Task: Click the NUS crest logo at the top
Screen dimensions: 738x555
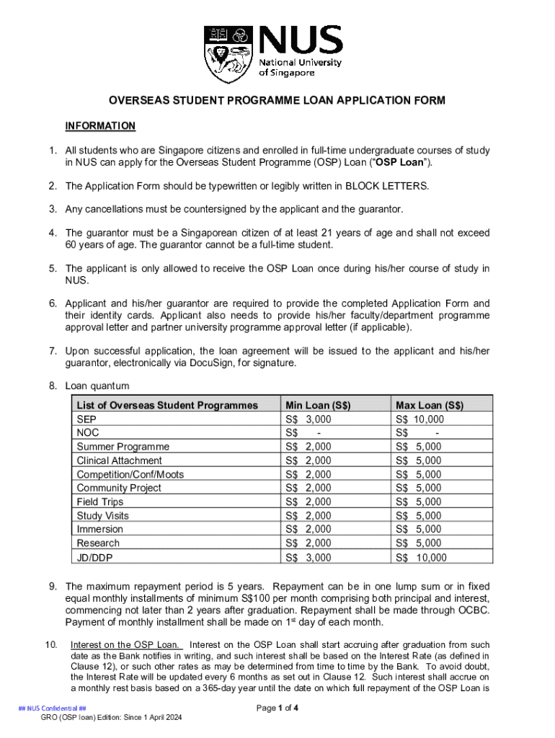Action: coord(228,54)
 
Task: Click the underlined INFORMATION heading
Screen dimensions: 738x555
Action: coord(100,126)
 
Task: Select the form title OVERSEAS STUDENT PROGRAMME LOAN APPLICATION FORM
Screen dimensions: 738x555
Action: coord(277,100)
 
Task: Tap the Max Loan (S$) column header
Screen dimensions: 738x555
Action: coord(430,405)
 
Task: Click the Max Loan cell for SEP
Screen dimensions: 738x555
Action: coord(420,419)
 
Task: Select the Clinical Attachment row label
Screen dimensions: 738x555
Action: coord(120,461)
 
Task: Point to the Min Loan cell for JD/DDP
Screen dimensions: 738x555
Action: coord(308,557)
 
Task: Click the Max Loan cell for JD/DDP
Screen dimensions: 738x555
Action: coord(421,557)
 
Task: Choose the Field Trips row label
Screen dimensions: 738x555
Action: coord(100,502)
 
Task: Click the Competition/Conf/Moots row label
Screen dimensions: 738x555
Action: coord(130,474)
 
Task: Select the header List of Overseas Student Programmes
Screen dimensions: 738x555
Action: coord(167,405)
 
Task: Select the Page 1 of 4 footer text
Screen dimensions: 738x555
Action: coord(277,708)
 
